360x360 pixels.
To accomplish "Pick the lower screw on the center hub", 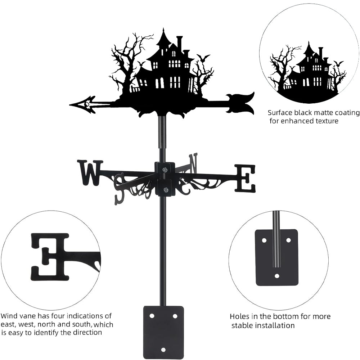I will (165, 190).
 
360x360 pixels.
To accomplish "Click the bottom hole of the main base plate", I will (163, 349).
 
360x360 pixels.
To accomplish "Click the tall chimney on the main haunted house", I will (179, 43).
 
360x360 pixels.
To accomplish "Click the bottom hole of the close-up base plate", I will (277, 276).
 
